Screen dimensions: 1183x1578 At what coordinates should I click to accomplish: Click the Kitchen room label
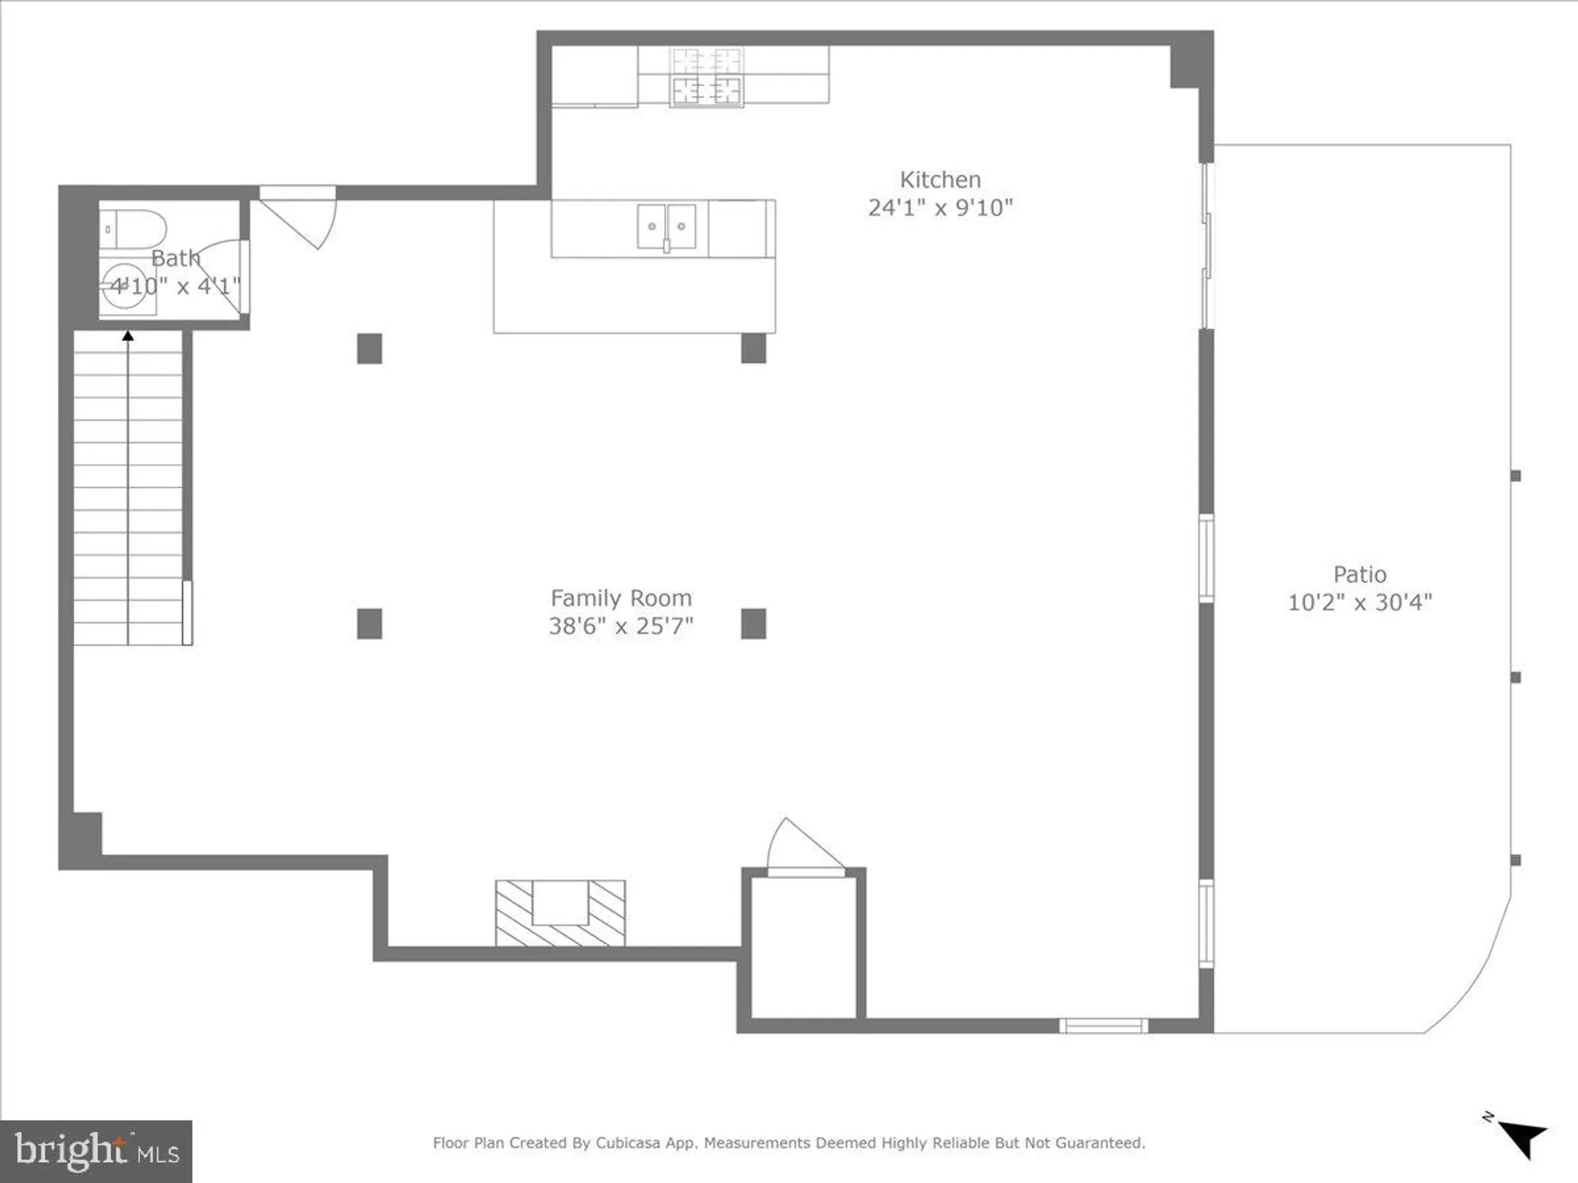click(940, 180)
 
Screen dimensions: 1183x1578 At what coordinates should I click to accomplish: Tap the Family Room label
click(621, 598)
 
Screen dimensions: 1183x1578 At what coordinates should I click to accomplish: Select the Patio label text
click(1359, 574)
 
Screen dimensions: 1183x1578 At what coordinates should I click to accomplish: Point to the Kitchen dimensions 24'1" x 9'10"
click(940, 207)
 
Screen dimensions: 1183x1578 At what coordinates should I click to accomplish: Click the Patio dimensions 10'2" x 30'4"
click(1359, 603)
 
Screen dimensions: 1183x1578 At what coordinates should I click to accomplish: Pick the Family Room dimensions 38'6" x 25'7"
click(621, 626)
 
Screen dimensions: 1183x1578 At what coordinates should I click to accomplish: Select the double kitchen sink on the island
click(667, 226)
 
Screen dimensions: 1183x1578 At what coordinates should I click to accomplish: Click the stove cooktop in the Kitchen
click(706, 77)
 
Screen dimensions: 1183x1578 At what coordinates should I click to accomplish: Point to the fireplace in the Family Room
click(560, 912)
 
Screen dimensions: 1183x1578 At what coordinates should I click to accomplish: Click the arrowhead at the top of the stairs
click(128, 337)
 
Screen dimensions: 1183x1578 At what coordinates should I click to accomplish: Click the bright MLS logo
click(96, 1151)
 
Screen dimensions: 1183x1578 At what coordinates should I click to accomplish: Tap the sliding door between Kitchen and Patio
click(1206, 244)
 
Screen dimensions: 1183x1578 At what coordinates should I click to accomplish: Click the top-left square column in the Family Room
click(369, 349)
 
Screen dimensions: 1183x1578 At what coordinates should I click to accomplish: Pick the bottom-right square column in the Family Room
click(753, 624)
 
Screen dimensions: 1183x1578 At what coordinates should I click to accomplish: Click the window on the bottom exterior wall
click(1102, 1025)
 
